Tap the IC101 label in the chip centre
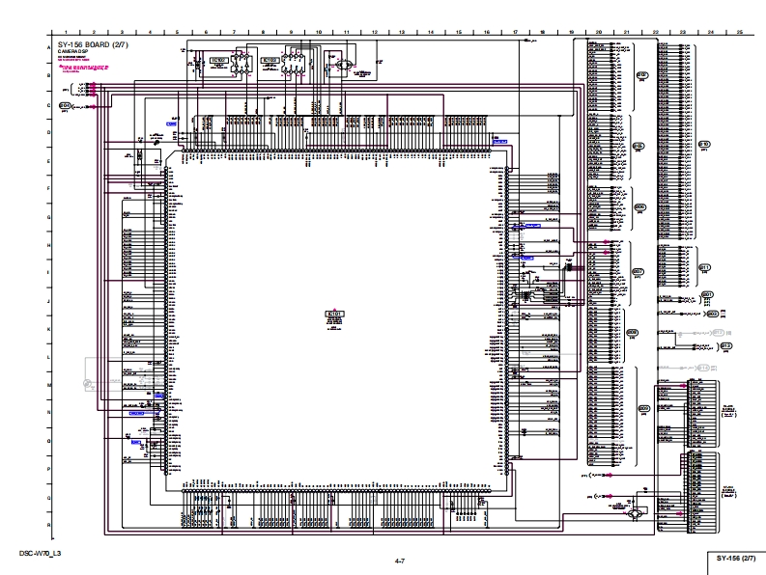(x=335, y=314)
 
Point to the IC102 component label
(x=218, y=60)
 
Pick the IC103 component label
(x=270, y=60)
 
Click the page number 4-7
(x=399, y=560)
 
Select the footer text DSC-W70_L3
(x=40, y=554)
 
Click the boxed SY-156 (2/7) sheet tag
(x=736, y=558)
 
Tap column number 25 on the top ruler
(x=738, y=32)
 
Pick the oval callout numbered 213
(x=726, y=345)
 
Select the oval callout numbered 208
(x=633, y=333)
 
